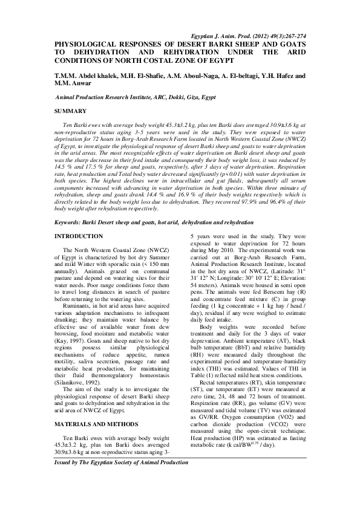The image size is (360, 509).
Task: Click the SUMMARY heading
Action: [70, 113]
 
